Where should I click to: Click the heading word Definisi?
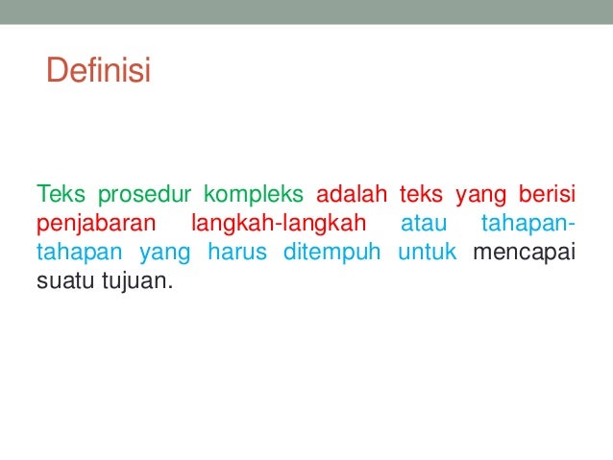[98, 71]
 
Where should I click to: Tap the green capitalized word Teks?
[60, 195]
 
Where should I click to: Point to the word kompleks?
[255, 195]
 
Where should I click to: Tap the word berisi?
[546, 195]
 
